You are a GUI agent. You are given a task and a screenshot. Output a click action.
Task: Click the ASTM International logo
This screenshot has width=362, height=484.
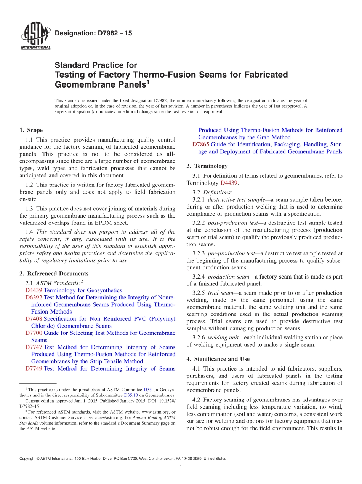coord(35,37)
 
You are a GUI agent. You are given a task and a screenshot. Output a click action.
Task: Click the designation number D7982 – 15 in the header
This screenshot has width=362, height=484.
coord(93,33)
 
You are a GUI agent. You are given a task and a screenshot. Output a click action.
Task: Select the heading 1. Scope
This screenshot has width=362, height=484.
coord(31,130)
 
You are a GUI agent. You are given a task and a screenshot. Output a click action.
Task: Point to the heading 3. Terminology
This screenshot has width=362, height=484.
coord(207,166)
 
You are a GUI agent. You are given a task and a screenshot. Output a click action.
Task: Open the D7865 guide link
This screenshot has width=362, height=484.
coord(201,145)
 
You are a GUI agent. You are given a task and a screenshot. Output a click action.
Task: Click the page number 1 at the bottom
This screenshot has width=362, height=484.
coord(181,467)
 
